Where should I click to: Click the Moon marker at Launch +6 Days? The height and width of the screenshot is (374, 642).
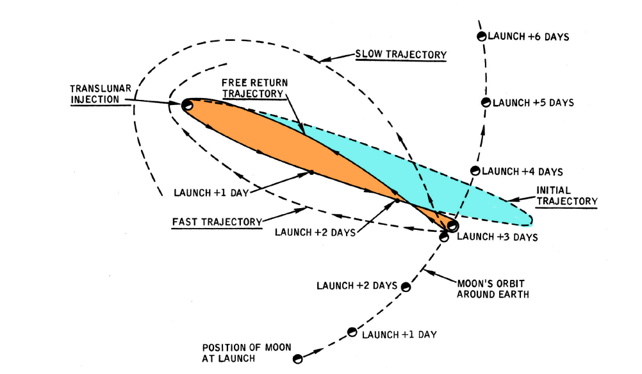[481, 37]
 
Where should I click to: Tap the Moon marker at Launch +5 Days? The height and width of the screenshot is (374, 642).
[486, 102]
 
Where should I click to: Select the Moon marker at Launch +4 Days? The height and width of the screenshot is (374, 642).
[475, 171]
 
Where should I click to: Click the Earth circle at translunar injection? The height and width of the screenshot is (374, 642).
[187, 104]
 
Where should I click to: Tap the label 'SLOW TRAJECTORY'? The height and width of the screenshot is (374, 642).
[400, 54]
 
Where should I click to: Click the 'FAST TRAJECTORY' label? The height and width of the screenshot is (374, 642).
[217, 222]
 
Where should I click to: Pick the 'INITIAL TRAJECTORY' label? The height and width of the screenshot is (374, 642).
[566, 195]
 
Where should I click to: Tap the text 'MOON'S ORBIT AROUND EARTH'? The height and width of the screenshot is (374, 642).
[491, 288]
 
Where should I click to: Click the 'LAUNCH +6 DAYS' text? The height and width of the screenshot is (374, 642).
[529, 37]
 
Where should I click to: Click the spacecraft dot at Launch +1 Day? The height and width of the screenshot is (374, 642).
[311, 172]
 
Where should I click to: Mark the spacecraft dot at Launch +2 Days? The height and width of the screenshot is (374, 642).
[397, 200]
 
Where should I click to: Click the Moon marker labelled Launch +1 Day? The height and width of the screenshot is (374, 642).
[352, 332]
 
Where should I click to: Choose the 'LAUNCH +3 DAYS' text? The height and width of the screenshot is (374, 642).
[497, 237]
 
